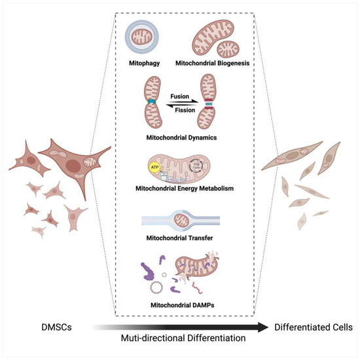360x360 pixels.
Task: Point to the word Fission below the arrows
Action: coord(180,111)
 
